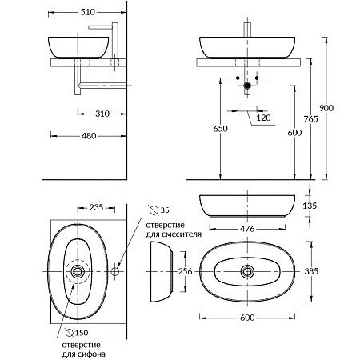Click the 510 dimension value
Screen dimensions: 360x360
[x=88, y=12]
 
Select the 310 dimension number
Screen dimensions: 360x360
[x=102, y=114]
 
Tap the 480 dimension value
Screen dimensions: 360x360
[x=89, y=136]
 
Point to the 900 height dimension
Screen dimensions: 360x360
[x=326, y=108]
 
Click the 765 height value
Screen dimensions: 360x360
[x=311, y=119]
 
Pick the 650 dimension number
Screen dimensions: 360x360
[x=220, y=129]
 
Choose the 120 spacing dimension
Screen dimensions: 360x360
[x=263, y=118]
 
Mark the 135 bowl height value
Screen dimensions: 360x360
[x=310, y=206]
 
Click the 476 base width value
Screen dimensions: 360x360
[x=247, y=229]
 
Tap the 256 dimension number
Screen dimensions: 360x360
[x=185, y=271]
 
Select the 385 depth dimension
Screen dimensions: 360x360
[x=311, y=271]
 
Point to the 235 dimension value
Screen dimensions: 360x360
[x=96, y=207]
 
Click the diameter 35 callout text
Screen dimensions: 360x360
[x=159, y=210]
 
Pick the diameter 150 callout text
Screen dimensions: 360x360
[x=77, y=333]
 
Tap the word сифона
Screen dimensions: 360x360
[x=91, y=354]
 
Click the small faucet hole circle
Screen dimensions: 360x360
[x=115, y=271]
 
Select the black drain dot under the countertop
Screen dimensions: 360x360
[x=247, y=86]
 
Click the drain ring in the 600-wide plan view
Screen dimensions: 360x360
[x=247, y=271]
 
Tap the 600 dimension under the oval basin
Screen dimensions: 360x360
[x=247, y=318]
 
